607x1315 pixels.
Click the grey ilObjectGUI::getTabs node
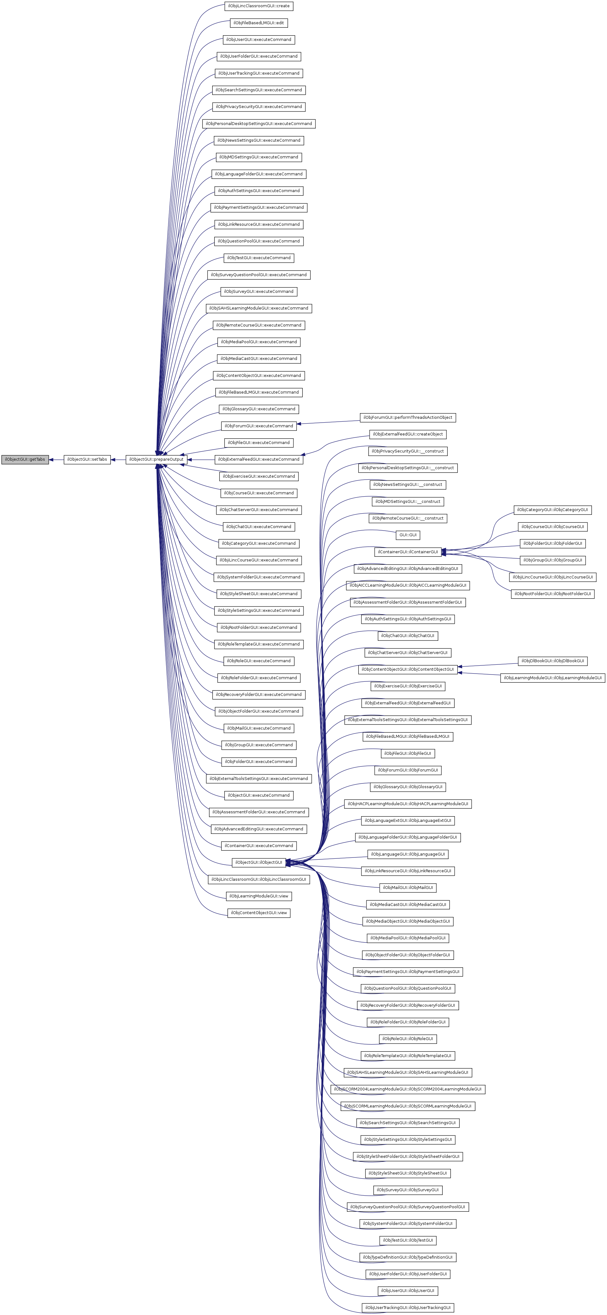[x=25, y=459]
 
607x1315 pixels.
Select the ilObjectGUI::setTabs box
[x=87, y=459]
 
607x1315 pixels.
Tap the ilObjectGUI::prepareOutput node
[x=156, y=459]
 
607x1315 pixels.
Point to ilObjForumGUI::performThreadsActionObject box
[x=407, y=418]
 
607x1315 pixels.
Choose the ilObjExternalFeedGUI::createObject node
[x=407, y=435]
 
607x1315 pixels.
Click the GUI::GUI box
[x=407, y=535]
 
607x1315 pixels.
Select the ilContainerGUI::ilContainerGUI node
[x=407, y=552]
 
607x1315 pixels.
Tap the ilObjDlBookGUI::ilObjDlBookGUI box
[x=552, y=661]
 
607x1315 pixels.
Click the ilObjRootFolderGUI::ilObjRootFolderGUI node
[x=552, y=594]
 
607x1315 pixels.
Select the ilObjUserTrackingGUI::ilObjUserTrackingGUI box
[x=407, y=1307]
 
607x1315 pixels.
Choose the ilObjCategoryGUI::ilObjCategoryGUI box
[x=552, y=510]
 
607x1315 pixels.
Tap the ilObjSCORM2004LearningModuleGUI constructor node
[x=407, y=1089]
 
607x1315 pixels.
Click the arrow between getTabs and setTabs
[x=56, y=459]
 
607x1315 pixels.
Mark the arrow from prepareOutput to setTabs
[x=118, y=459]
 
